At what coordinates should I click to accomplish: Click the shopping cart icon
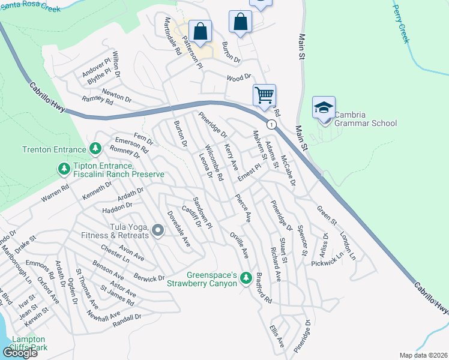click(264, 95)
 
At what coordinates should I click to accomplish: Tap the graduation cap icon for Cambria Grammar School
click(324, 108)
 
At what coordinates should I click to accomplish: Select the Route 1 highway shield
click(272, 125)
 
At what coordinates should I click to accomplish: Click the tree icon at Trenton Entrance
click(94, 148)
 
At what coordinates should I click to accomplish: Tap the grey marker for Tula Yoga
click(158, 230)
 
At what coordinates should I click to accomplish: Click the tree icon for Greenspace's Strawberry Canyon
click(245, 278)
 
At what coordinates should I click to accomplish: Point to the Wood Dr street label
click(238, 78)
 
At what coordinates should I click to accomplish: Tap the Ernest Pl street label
click(250, 172)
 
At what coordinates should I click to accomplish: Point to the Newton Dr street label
click(116, 95)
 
